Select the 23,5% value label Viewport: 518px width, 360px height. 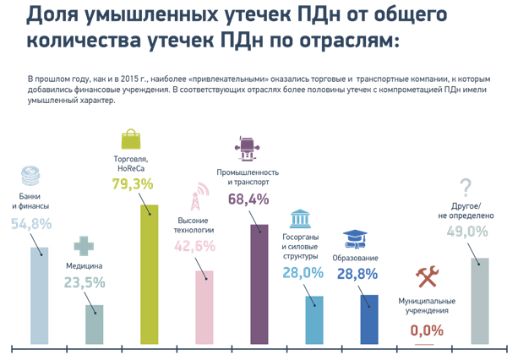click(x=85, y=283)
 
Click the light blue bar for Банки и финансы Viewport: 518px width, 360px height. click(x=39, y=296)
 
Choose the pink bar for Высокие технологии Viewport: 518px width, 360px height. click(x=204, y=308)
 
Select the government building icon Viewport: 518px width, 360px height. click(x=300, y=222)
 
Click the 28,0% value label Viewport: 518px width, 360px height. click(x=302, y=273)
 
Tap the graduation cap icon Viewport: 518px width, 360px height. click(x=355, y=239)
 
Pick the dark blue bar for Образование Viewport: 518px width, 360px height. click(x=369, y=319)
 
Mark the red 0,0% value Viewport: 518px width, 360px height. click(x=427, y=330)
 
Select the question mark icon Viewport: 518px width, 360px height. click(x=465, y=187)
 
